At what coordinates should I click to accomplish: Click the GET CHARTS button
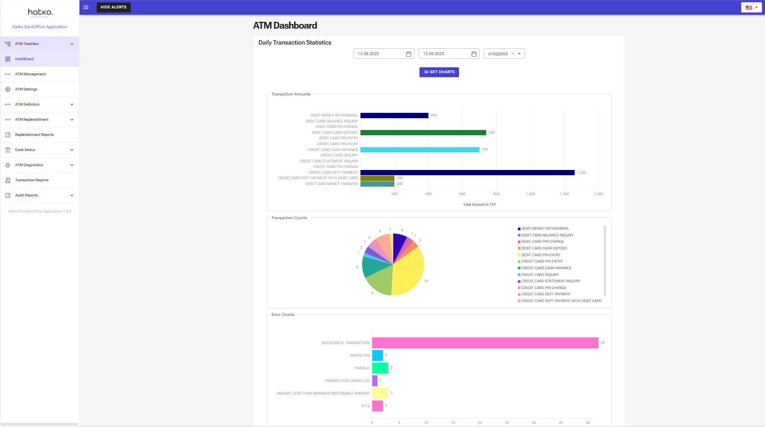point(439,72)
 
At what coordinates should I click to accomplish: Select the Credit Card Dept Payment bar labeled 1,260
point(467,172)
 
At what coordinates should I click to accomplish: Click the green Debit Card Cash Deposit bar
point(423,133)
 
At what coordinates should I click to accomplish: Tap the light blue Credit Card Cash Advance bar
point(419,150)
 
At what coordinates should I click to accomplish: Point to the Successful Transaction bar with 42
point(485,343)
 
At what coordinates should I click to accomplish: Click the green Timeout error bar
point(380,368)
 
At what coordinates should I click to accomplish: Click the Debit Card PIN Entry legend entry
point(541,255)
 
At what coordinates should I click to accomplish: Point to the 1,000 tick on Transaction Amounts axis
point(530,194)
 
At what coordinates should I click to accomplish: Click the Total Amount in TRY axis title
point(479,204)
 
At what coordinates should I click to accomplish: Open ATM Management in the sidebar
point(30,74)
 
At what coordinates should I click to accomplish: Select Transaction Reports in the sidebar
point(32,180)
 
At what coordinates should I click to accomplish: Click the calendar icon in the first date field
point(409,54)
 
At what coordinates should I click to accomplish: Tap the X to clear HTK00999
point(513,54)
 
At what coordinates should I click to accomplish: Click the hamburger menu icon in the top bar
point(86,7)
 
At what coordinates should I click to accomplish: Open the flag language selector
point(751,8)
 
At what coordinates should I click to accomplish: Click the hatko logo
point(40,13)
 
